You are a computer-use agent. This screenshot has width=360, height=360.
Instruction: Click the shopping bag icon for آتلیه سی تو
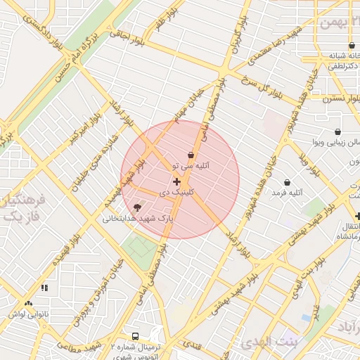191,155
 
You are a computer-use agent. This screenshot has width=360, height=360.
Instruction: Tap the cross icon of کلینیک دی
176,182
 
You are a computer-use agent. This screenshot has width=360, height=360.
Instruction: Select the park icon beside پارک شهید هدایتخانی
137,207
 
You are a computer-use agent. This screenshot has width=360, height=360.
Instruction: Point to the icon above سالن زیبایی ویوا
337,131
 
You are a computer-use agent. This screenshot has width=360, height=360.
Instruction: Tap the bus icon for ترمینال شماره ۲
135,336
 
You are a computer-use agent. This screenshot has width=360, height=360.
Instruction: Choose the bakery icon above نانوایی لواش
28,304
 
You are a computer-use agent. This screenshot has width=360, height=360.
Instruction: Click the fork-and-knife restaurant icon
45,287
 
